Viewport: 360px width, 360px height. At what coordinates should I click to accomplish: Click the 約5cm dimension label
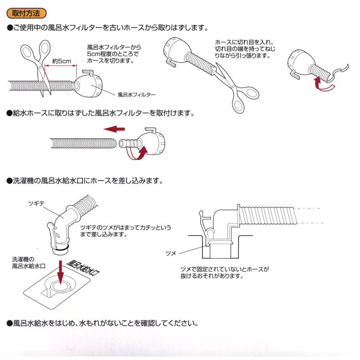pyautogui.click(x=61, y=61)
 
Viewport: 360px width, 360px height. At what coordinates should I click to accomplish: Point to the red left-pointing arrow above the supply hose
pyautogui.click(x=114, y=129)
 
